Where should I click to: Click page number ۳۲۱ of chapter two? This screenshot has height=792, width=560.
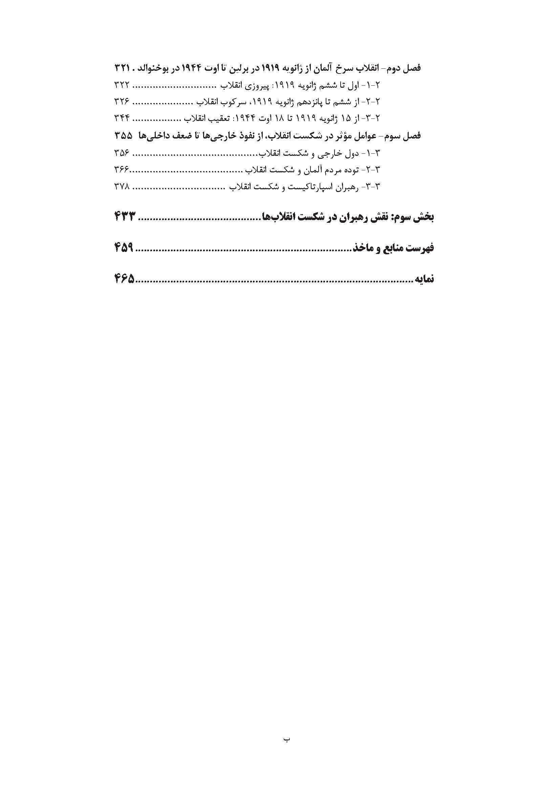122,68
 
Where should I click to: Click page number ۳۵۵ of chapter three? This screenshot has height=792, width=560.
123,136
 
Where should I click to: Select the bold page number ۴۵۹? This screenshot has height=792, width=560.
124,248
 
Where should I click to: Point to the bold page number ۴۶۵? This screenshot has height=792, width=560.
124,278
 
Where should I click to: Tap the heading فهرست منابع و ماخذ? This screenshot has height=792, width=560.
393,248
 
